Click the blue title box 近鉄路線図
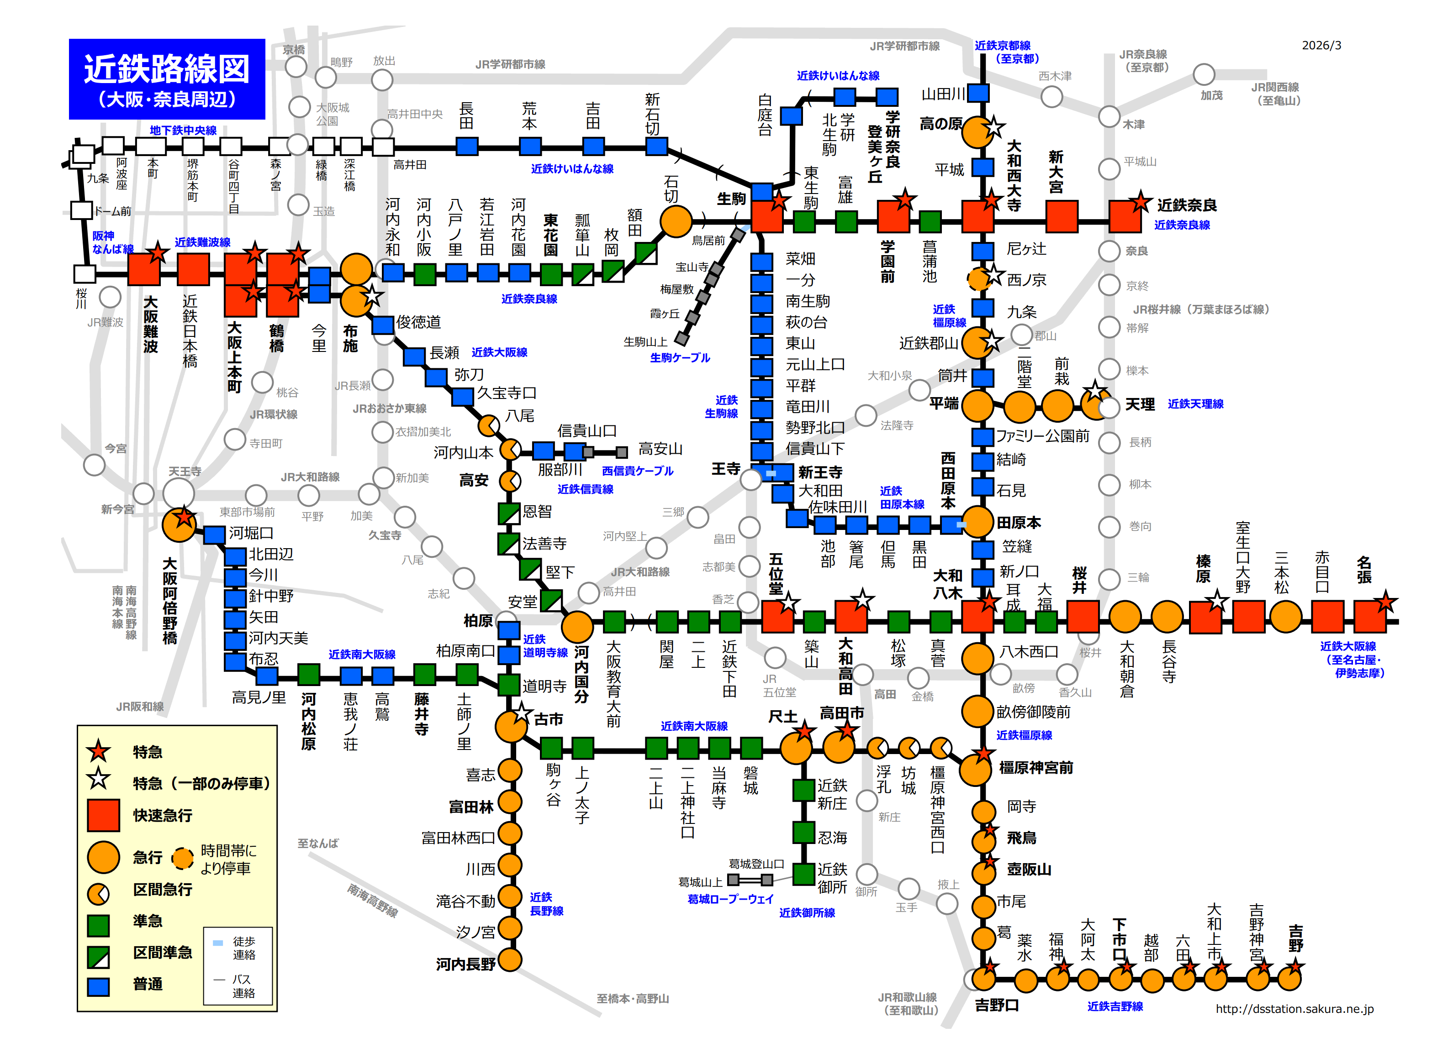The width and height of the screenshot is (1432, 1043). click(x=167, y=79)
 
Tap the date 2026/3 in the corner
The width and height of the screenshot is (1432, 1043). click(x=1321, y=46)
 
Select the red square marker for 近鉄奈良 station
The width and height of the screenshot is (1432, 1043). click(x=1125, y=216)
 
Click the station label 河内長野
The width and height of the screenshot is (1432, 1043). click(x=465, y=964)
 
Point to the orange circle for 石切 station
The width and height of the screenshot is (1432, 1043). click(x=676, y=221)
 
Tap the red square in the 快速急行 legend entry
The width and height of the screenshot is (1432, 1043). click(x=103, y=815)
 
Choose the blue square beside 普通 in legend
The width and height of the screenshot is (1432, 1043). click(x=99, y=986)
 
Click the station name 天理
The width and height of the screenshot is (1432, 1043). click(x=1140, y=404)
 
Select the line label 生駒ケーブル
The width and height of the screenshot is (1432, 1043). click(x=680, y=358)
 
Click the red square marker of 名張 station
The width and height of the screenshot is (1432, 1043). click(x=1369, y=616)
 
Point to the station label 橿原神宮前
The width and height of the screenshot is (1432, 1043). click(x=1036, y=768)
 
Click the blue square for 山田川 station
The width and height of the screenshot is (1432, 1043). click(x=978, y=94)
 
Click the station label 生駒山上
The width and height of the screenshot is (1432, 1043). click(x=645, y=341)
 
